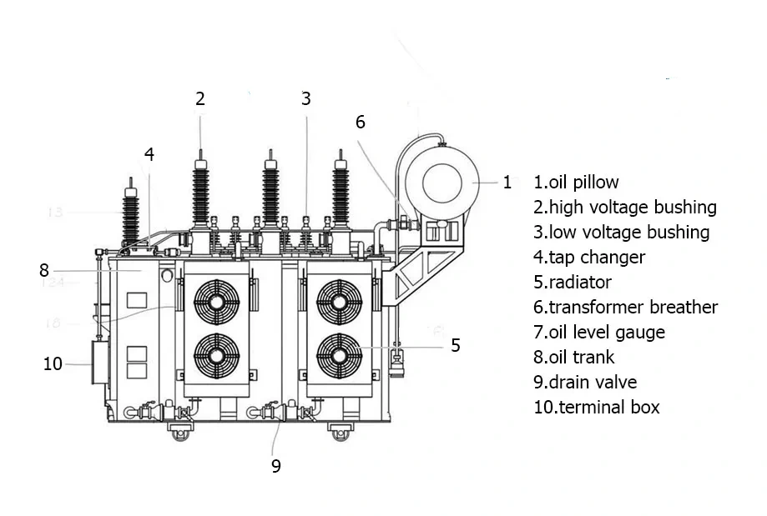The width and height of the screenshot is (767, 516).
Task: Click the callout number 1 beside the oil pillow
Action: pyautogui.click(x=507, y=183)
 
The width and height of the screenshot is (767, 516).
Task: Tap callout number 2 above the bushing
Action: pyautogui.click(x=200, y=98)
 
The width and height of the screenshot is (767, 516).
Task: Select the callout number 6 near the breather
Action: pyautogui.click(x=360, y=122)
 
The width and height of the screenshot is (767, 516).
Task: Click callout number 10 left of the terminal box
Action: pyautogui.click(x=53, y=364)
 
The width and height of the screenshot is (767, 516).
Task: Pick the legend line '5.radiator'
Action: pyautogui.click(x=573, y=282)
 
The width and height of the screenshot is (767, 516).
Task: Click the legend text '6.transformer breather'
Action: pyautogui.click(x=625, y=307)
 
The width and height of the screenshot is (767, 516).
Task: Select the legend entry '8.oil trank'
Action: pyautogui.click(x=573, y=357)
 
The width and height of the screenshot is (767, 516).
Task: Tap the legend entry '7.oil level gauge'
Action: pyautogui.click(x=599, y=332)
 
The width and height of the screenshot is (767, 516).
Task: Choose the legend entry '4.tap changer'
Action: pyautogui.click(x=589, y=257)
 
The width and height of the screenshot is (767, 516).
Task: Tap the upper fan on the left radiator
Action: pyautogui.click(x=217, y=301)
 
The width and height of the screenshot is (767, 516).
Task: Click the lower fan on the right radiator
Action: pyautogui.click(x=339, y=355)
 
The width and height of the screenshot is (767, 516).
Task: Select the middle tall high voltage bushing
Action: pyautogui.click(x=270, y=192)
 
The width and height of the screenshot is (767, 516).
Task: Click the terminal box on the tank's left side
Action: pyautogui.click(x=101, y=363)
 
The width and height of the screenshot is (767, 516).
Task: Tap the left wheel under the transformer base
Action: pyautogui.click(x=180, y=432)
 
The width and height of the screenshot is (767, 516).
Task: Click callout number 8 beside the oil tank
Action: pyautogui.click(x=44, y=270)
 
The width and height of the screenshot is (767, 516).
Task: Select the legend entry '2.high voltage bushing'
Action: pyautogui.click(x=625, y=207)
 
